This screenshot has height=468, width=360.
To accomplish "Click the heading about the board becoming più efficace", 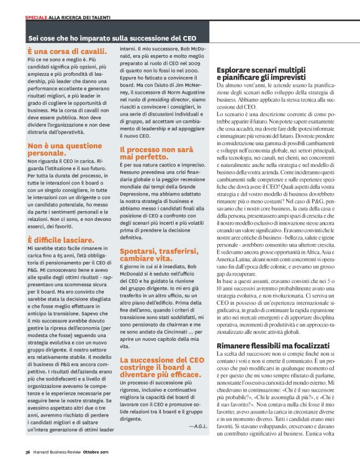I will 160,367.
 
